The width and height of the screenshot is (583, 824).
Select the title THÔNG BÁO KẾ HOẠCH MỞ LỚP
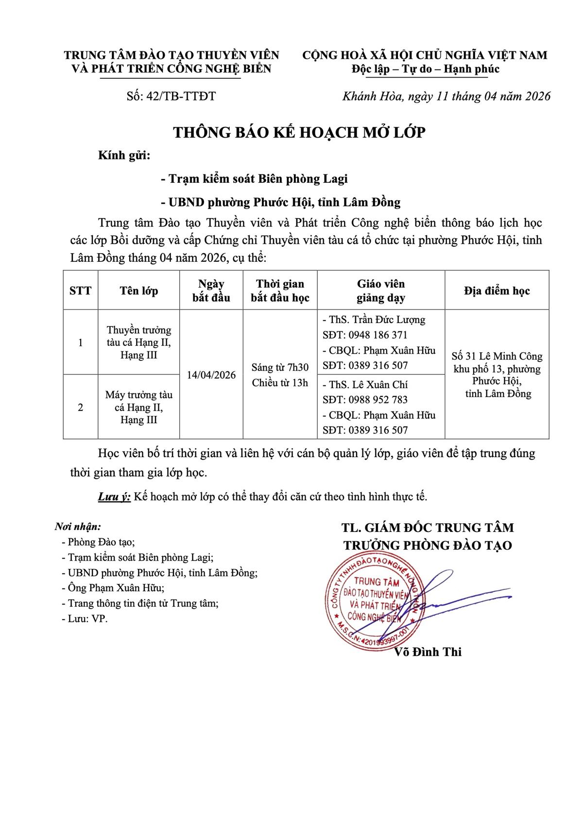tap(299, 132)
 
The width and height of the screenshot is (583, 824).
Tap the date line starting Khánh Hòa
tap(446, 96)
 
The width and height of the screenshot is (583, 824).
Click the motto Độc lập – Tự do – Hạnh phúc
tap(425, 69)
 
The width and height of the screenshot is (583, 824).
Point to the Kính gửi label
tap(124, 156)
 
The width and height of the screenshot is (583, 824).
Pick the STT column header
tap(81, 291)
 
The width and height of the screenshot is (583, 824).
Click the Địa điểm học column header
tap(497, 291)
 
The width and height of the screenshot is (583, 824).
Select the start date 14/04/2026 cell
tap(211, 375)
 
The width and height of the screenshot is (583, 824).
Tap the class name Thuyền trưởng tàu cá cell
tap(139, 343)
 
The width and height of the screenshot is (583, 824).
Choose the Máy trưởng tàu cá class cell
tap(139, 407)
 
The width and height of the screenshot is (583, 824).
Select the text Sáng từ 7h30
tap(280, 367)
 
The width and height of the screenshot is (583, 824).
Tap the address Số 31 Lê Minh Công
tap(497, 357)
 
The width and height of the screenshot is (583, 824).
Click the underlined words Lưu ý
tap(114, 497)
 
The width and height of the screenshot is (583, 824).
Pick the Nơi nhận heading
tap(78, 527)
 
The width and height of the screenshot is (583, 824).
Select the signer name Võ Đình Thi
tap(428, 652)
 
